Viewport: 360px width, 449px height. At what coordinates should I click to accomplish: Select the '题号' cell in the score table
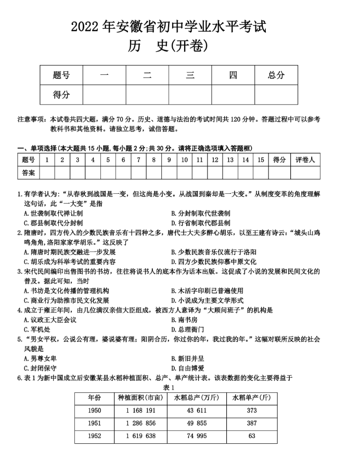(61, 75)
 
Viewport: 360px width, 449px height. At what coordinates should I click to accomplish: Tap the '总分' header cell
(276, 75)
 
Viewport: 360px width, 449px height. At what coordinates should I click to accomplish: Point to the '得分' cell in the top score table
(61, 95)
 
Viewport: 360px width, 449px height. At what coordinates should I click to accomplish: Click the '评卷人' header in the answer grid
(305, 160)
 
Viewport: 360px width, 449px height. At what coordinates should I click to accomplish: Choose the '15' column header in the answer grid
(261, 160)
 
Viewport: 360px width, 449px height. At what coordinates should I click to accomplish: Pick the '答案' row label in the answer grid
(29, 172)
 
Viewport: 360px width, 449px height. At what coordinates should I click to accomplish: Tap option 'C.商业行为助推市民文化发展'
(67, 300)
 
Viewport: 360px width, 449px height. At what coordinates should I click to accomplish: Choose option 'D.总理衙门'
(187, 329)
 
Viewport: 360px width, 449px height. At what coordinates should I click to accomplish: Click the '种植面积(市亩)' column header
(140, 398)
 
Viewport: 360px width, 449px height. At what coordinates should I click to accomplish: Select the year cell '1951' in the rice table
(94, 423)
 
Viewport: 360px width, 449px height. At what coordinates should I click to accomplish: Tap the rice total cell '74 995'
(196, 436)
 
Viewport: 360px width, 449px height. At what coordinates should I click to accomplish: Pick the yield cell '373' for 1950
(252, 411)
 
